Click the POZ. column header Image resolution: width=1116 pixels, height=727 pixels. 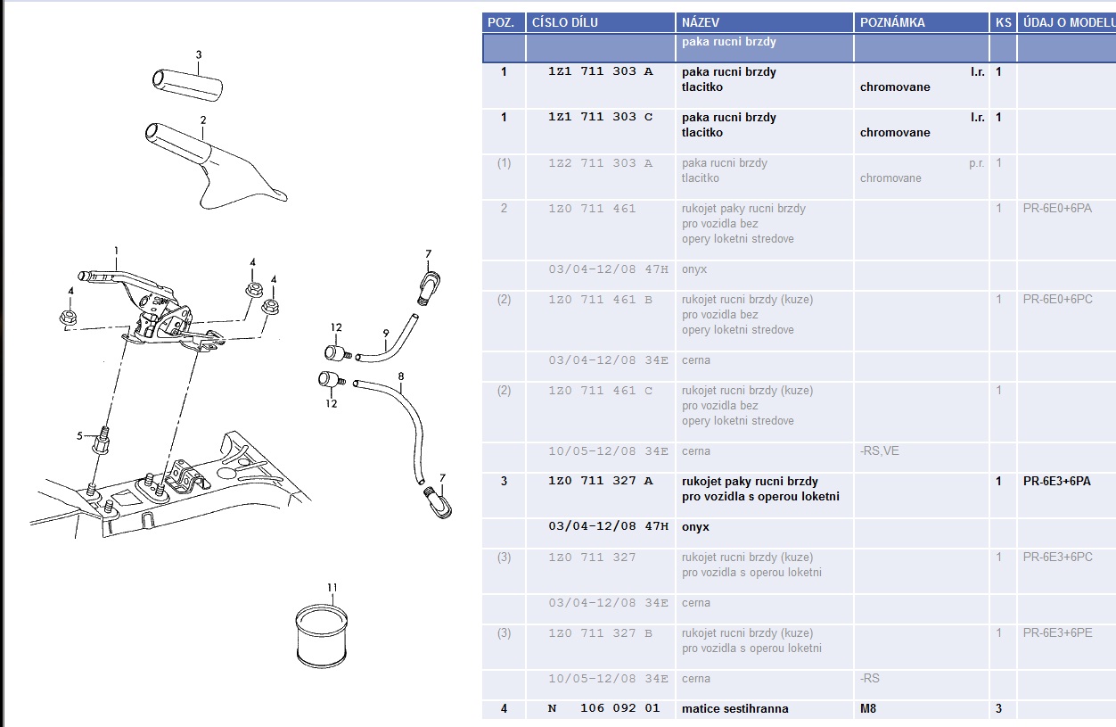pyautogui.click(x=501, y=22)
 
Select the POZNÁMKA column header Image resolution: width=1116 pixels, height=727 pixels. pyautogui.click(x=892, y=22)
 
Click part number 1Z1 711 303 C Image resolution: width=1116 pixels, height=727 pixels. pyautogui.click(x=601, y=117)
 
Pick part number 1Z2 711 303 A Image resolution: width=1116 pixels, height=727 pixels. pyautogui.click(x=601, y=163)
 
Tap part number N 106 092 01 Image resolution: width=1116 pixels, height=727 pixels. pyautogui.click(x=603, y=708)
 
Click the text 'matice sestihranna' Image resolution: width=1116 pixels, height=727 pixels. pyautogui.click(x=734, y=708)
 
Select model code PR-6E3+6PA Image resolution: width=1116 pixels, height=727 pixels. pyautogui.click(x=1056, y=481)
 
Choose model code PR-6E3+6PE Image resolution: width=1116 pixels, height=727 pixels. pyautogui.click(x=1058, y=632)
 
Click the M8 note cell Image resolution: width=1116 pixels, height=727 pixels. pyautogui.click(x=868, y=708)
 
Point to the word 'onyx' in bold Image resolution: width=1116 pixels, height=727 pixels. pyautogui.click(x=695, y=527)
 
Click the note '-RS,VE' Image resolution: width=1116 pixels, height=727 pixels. pyautogui.click(x=880, y=451)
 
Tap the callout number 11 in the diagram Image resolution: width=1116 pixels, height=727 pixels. pyautogui.click(x=332, y=587)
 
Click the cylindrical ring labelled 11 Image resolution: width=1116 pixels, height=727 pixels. pyautogui.click(x=322, y=636)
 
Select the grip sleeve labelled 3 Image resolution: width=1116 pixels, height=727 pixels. pyautogui.click(x=187, y=86)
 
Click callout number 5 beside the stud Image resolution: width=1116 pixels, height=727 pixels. pyautogui.click(x=79, y=436)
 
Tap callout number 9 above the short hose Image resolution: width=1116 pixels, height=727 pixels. pyautogui.click(x=386, y=333)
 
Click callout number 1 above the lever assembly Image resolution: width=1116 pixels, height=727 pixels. pyautogui.click(x=116, y=251)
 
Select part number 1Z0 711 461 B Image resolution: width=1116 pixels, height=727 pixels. pyautogui.click(x=601, y=300)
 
